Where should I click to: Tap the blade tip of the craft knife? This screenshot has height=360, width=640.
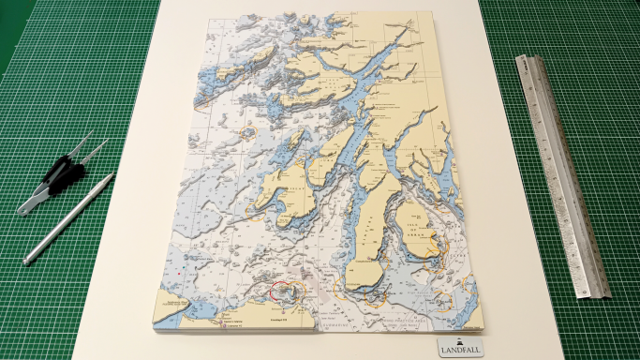112,175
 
